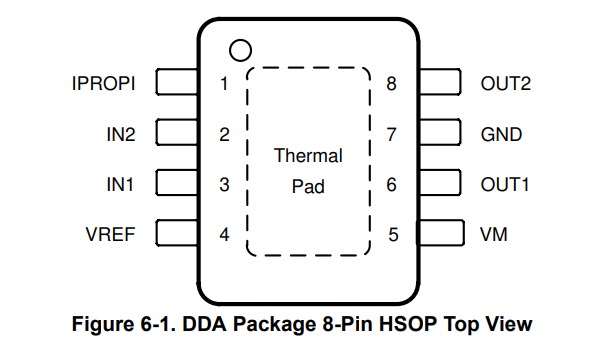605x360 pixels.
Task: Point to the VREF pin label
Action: point(110,235)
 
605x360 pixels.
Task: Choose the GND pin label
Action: point(501,134)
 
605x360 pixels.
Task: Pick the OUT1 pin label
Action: point(505,184)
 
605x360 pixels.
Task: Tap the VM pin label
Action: point(493,235)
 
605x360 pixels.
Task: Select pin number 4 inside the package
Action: point(224,235)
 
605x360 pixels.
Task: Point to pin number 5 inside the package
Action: point(393,235)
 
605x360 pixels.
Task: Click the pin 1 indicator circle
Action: point(238,48)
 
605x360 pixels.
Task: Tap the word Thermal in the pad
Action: point(308,156)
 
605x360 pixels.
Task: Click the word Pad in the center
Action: point(308,186)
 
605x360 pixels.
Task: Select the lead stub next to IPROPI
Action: point(177,83)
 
